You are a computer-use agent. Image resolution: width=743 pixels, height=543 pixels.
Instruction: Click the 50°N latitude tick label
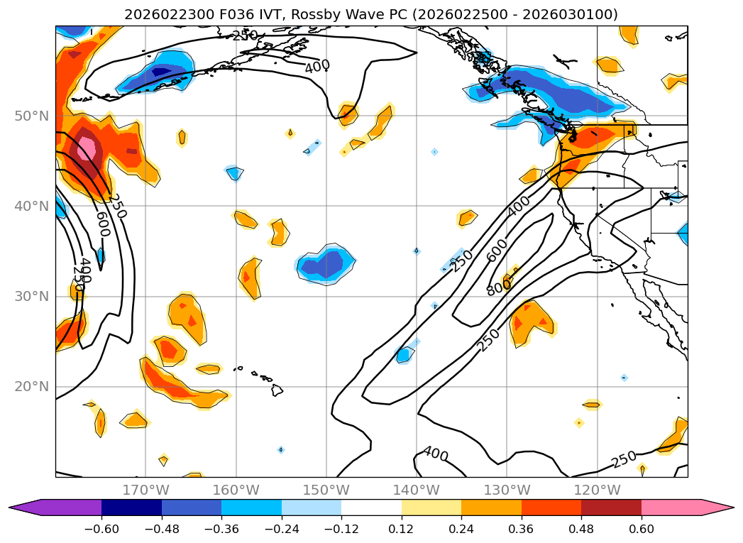[31, 116]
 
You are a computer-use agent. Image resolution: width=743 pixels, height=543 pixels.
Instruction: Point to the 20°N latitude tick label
[31, 387]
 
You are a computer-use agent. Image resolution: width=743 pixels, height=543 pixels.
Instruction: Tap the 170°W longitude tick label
[145, 490]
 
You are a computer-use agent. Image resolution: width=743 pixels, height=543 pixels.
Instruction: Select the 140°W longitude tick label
[417, 490]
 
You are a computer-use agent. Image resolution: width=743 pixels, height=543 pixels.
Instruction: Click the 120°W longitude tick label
[597, 490]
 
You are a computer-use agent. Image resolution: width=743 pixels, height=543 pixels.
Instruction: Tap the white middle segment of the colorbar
[371, 508]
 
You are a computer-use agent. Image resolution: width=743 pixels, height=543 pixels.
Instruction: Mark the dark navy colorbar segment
[131, 508]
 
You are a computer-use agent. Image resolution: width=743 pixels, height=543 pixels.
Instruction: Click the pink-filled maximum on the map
[87, 148]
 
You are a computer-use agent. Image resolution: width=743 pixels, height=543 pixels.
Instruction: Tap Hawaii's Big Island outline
[277, 390]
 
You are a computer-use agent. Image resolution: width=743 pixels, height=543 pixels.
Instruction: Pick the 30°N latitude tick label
[31, 297]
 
